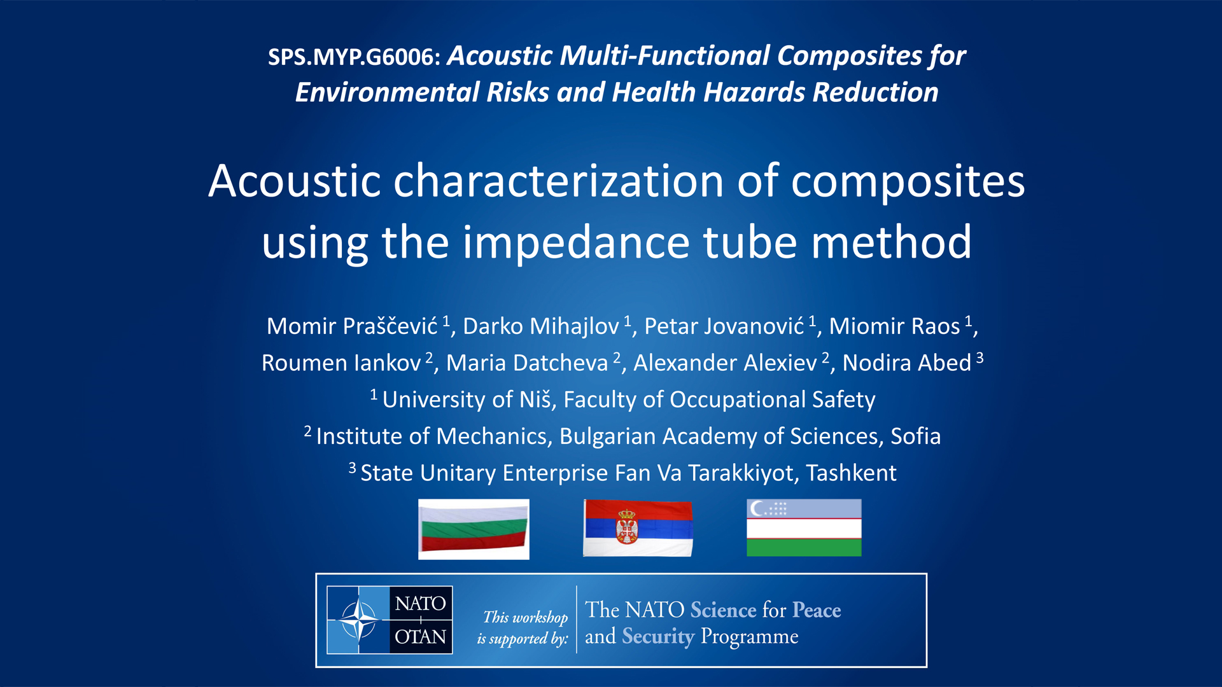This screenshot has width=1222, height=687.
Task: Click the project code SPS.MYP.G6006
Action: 354,57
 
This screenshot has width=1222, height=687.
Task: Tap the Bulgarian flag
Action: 474,529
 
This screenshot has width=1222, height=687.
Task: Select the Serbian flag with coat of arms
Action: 638,528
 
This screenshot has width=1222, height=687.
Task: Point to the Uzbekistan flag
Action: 804,528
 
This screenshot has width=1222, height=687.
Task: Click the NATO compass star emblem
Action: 359,620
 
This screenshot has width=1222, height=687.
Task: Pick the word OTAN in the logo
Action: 421,637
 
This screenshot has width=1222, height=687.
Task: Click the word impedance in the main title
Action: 576,243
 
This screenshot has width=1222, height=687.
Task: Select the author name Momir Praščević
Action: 352,326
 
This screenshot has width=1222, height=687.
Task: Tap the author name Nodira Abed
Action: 907,363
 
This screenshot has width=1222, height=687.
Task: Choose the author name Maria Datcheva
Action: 527,363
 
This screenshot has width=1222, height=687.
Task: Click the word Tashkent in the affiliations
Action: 851,473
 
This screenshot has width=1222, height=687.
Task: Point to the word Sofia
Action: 915,436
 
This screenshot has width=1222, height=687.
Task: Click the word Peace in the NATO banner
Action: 817,610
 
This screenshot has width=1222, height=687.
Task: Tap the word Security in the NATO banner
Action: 658,637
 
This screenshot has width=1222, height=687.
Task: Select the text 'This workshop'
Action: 526,617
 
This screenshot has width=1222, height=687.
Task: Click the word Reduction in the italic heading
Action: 875,93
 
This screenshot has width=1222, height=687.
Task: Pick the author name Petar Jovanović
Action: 724,326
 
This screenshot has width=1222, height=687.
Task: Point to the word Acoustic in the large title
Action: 295,181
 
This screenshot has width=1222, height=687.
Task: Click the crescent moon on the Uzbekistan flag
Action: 757,508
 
